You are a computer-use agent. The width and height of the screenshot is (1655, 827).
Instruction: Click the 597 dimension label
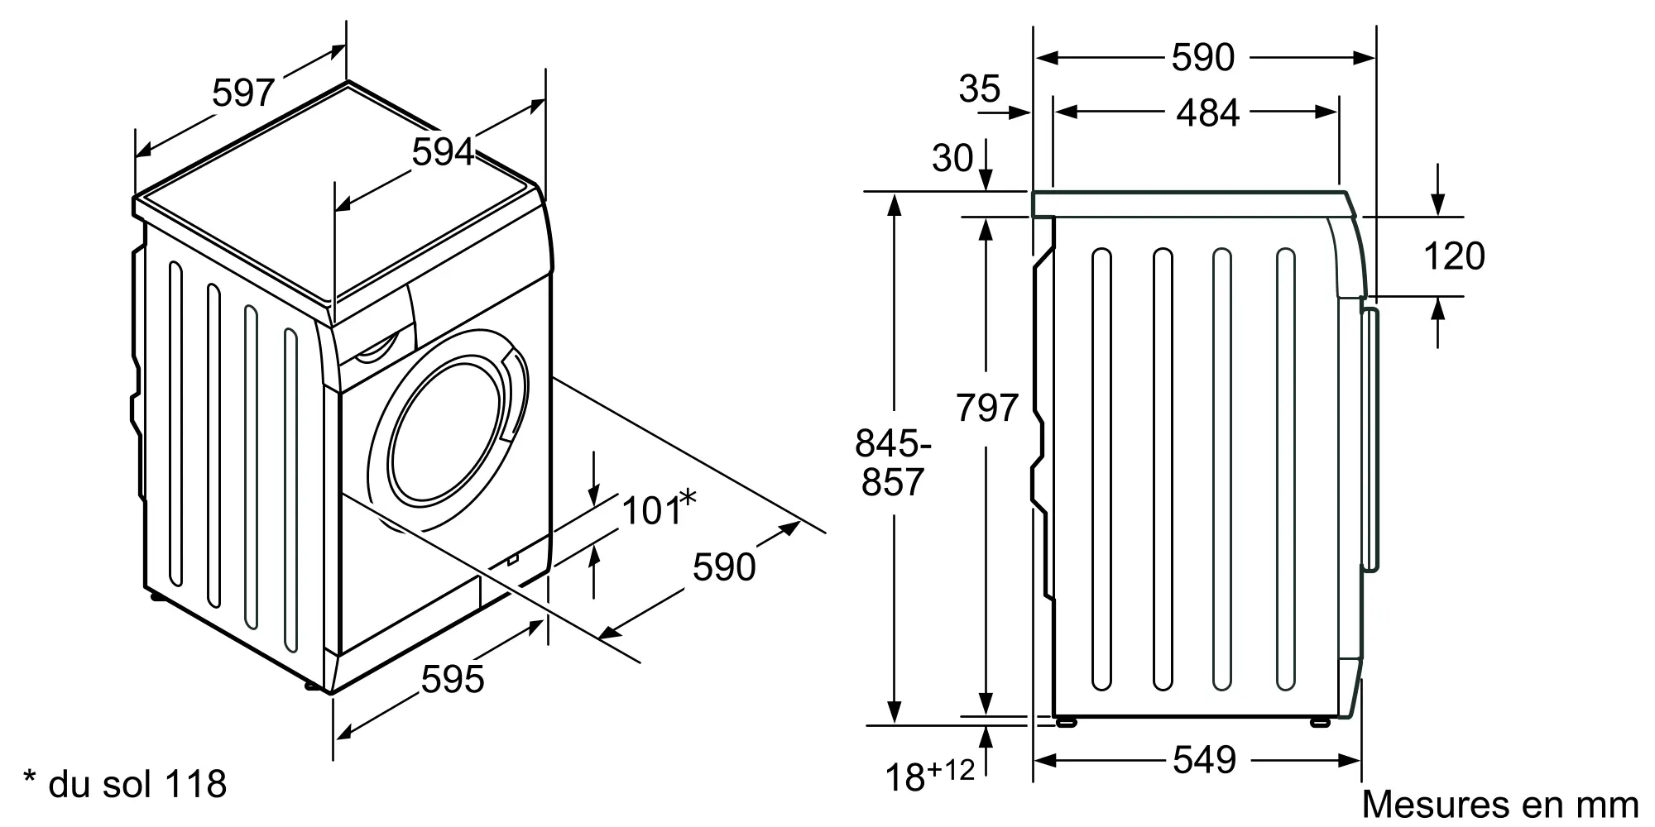pos(242,93)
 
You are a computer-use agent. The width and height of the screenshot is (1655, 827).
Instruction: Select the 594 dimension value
pos(443,152)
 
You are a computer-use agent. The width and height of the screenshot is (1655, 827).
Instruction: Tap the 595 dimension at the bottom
pos(453,680)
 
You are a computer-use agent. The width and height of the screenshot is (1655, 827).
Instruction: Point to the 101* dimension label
pos(659,509)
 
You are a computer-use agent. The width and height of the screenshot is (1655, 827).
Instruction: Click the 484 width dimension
pos(1208,113)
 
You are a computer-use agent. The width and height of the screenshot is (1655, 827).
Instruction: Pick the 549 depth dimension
pos(1204,760)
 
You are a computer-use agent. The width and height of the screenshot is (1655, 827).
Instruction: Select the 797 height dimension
pos(986,408)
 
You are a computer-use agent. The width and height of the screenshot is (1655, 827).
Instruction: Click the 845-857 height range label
pos(893,463)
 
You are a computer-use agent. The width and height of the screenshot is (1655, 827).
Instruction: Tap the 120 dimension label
pos(1454,256)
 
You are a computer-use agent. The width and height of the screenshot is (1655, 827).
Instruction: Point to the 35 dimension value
pos(980,88)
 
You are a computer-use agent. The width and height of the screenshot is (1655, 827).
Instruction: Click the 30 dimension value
pos(952,158)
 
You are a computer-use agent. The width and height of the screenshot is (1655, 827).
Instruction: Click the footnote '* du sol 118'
pos(125,784)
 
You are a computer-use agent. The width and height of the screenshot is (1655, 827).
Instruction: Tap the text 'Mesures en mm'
pos(1500,805)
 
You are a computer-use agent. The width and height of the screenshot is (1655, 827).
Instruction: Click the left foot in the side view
pos(1067,722)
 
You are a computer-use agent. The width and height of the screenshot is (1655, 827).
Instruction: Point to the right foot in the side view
pos(1320,722)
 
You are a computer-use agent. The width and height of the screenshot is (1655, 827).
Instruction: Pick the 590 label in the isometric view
pos(724,567)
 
